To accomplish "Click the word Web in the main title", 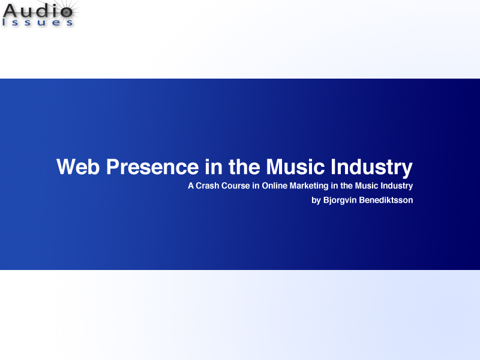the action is click(78, 167).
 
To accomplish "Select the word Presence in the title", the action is click(152, 167).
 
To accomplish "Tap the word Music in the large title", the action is click(295, 167).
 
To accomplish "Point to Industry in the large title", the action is click(371, 168).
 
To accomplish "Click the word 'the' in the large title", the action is click(244, 167).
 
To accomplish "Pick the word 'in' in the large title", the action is click(214, 167).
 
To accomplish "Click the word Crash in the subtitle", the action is click(207, 186).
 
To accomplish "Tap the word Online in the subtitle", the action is click(275, 186).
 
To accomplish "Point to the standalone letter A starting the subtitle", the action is click(191, 186).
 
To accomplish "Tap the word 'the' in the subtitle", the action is click(347, 186).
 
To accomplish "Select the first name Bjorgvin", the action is click(340, 200).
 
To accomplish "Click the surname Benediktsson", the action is click(386, 200).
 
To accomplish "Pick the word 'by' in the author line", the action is click(316, 200).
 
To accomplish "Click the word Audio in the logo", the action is click(38, 11).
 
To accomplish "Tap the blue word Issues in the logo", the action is click(37, 22).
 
